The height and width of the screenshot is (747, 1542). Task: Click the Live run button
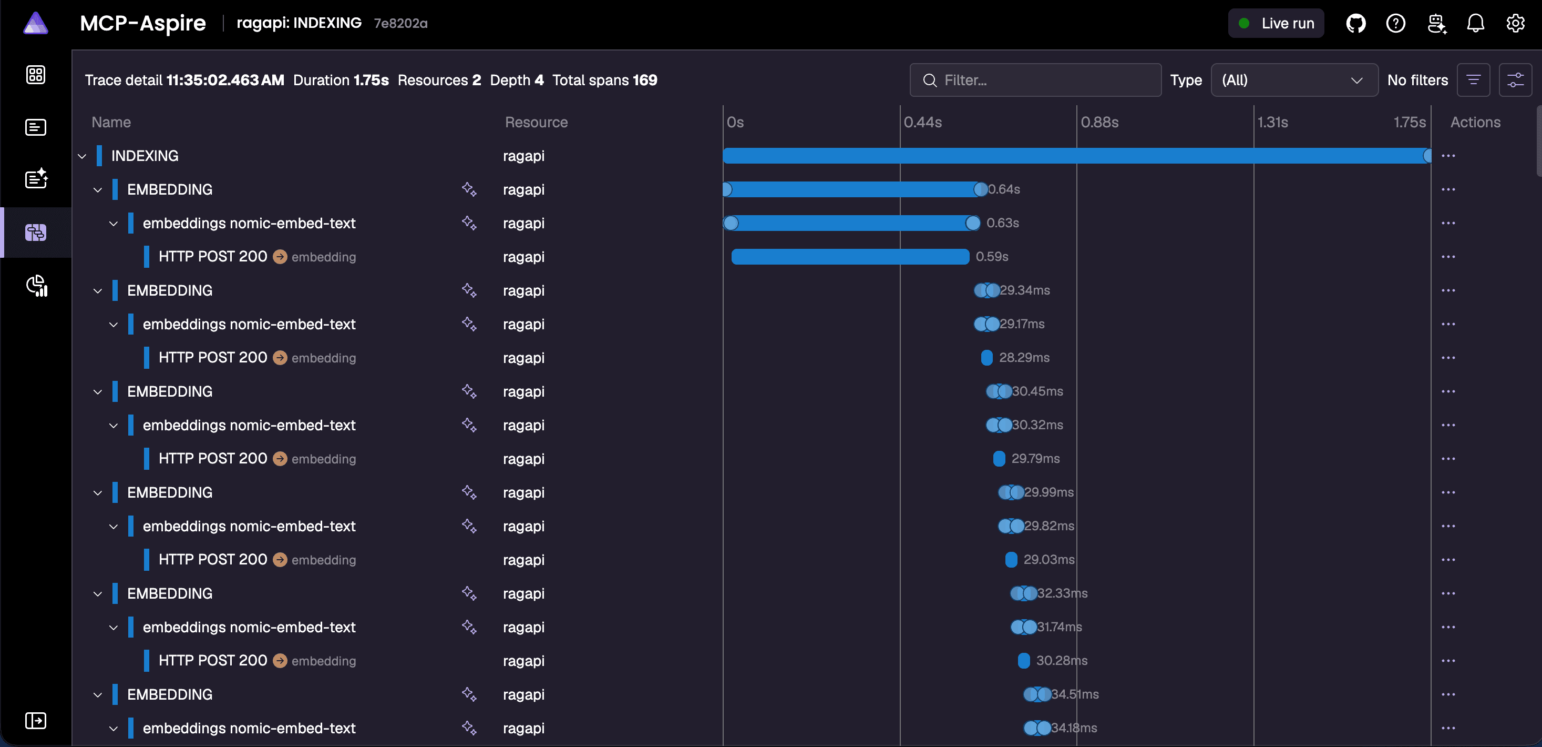1276,23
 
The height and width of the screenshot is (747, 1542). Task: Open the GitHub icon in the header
1356,23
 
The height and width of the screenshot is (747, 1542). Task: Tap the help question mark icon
1395,23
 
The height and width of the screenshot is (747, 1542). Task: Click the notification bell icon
1476,23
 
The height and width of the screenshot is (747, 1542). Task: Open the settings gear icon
1515,23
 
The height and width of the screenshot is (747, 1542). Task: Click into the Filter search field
1035,80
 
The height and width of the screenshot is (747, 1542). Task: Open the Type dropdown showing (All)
1294,80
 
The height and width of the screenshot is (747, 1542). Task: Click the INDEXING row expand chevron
82,156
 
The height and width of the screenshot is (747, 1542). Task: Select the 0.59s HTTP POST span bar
850,257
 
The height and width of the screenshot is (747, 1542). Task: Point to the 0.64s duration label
1004,189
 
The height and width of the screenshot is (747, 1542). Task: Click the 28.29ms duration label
1024,358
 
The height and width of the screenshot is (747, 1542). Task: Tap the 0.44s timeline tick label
922,122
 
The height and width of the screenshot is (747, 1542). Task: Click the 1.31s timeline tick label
1272,122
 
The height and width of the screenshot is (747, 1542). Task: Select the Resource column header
537,122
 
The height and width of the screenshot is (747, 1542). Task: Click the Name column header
111,122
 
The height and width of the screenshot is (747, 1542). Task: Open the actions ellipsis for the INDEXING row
1448,156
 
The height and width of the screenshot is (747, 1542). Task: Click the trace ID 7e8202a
400,23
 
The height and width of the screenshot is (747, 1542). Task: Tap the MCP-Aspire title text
143,23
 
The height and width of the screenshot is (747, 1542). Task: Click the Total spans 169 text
604,80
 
